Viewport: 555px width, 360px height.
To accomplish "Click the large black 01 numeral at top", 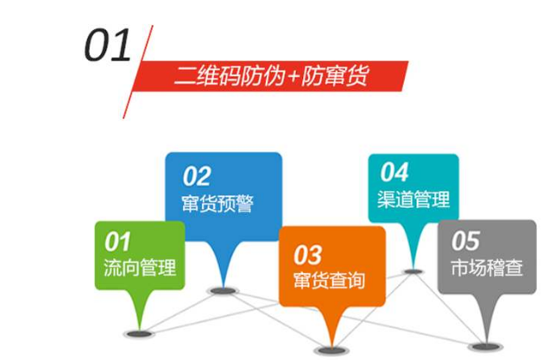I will pos(107,45).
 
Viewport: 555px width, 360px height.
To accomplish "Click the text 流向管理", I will pos(138,267).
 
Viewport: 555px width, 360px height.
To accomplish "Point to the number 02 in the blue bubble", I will pos(196,176).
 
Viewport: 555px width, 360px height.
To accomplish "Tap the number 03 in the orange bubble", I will pos(307,255).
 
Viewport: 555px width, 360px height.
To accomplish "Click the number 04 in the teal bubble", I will pos(394,172).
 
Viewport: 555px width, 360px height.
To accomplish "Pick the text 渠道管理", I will pos(414,199).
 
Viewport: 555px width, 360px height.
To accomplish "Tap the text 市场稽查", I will pos(487,267).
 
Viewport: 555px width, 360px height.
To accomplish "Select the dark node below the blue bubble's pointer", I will pos(224,291).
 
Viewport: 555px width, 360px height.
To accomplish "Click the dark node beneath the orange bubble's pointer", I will pos(328,350).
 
